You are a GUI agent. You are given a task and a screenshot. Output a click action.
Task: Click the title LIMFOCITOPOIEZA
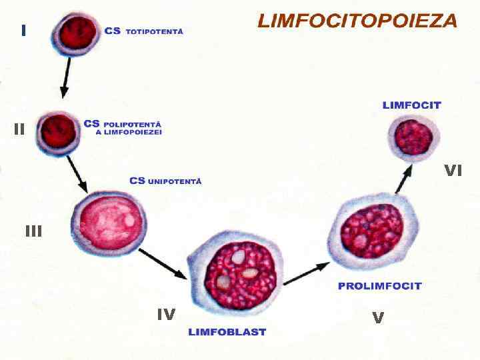pyautogui.click(x=357, y=21)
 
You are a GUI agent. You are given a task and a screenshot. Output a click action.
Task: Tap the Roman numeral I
pyautogui.click(x=24, y=30)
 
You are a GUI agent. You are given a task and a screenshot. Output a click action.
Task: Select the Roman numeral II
pyautogui.click(x=19, y=129)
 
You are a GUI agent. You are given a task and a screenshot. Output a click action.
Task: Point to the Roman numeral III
pyautogui.click(x=33, y=231)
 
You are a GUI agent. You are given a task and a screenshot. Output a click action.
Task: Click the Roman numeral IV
pyautogui.click(x=166, y=314)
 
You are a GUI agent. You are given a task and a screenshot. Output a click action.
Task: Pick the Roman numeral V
pyautogui.click(x=378, y=319)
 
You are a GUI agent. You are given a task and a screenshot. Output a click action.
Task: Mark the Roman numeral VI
pyautogui.click(x=453, y=171)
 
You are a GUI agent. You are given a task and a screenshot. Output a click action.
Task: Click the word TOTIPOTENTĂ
pyautogui.click(x=154, y=31)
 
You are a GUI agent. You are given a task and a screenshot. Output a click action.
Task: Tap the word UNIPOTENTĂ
pyautogui.click(x=174, y=181)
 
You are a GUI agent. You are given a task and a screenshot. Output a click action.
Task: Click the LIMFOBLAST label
pyautogui.click(x=227, y=332)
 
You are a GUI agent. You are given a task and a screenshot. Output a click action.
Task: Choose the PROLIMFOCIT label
pyautogui.click(x=380, y=286)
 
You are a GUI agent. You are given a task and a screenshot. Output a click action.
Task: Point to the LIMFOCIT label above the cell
pyautogui.click(x=411, y=105)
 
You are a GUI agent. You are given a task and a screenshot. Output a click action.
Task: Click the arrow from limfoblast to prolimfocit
pyautogui.click(x=307, y=273)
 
